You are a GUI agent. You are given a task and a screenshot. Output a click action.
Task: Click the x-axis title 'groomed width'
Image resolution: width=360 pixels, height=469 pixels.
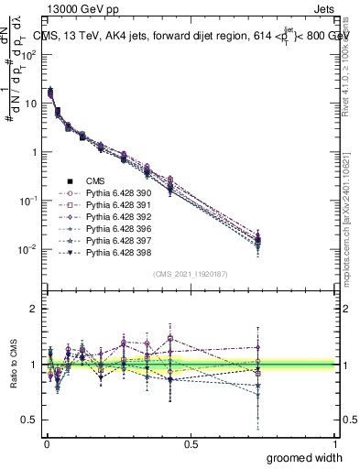tap(305, 457)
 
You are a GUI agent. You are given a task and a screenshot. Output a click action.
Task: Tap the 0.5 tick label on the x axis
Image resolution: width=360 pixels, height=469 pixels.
tap(191, 443)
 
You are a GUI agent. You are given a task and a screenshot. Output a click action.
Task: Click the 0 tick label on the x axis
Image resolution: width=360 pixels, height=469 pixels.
tap(46, 443)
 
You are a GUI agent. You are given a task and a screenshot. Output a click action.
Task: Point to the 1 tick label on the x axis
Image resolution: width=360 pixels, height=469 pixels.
tap(335, 443)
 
